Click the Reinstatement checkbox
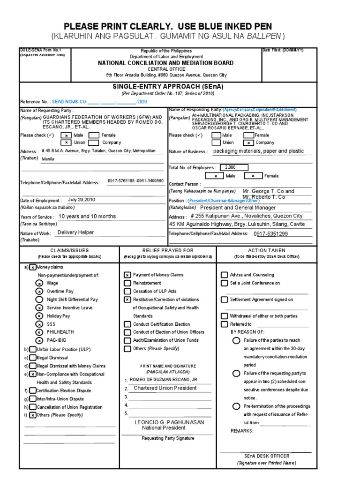(127, 283)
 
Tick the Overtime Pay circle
(39, 291)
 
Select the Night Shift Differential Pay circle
(39, 300)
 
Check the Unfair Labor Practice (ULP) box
(32, 350)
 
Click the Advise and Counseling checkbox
(225, 275)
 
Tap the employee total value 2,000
(231, 167)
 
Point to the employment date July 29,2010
(82, 199)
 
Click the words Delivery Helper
(75, 232)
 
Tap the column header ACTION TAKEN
(266, 250)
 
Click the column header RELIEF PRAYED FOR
(167, 250)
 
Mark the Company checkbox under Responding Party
(249, 142)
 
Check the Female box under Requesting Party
(94, 135)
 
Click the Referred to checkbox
(225, 324)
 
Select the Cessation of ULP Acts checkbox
(127, 291)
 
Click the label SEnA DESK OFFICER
(266, 456)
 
